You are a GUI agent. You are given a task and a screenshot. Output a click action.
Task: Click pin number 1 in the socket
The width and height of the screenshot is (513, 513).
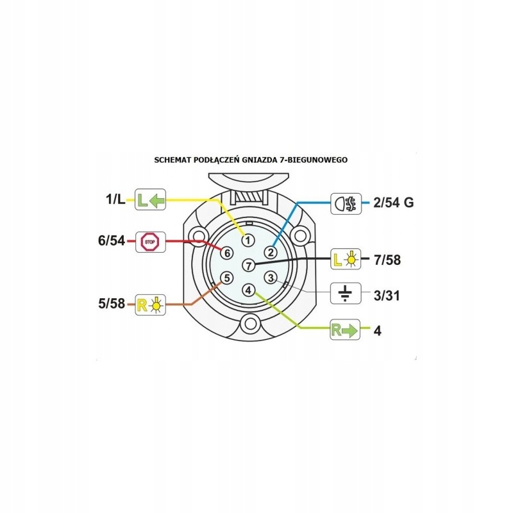click(248, 240)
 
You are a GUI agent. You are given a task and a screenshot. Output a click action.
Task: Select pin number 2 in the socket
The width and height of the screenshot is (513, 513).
click(271, 252)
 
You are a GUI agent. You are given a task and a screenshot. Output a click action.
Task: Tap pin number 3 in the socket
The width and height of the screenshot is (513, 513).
click(271, 278)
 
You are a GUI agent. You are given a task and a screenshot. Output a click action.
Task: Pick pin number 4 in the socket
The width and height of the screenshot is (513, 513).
click(248, 290)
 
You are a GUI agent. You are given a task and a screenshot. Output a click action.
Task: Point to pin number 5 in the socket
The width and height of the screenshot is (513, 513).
click(226, 278)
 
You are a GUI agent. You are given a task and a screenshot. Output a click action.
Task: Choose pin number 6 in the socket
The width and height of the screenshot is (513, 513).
click(226, 253)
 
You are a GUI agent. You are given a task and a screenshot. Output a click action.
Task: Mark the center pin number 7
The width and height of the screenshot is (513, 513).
click(249, 265)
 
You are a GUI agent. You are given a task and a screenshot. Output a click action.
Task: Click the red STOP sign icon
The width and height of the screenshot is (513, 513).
click(151, 242)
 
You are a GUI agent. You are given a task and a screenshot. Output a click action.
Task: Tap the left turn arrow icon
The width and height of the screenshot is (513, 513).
click(151, 199)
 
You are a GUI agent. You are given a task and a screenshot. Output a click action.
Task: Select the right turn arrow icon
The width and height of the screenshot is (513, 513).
click(345, 330)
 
